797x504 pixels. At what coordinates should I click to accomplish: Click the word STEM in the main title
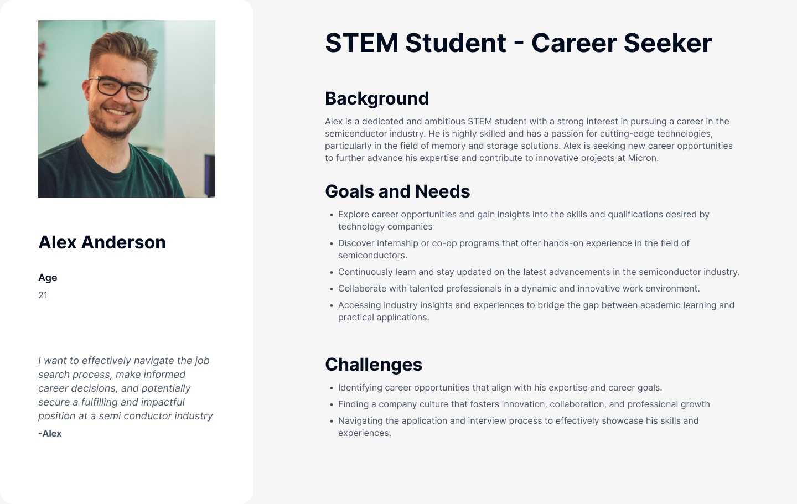coord(361,43)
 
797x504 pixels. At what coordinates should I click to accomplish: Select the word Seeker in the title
coord(667,43)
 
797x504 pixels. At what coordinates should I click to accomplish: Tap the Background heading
coord(377,98)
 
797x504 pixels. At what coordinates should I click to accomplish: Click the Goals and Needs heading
coord(397,191)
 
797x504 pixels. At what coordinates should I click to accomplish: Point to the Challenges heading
coord(374,365)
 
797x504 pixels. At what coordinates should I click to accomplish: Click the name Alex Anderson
coord(102,242)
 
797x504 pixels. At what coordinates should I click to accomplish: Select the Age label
coord(48,278)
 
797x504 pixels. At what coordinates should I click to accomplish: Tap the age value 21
coord(43,295)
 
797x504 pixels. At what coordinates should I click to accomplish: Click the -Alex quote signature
coord(50,434)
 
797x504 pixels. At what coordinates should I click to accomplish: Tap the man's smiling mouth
coord(116,112)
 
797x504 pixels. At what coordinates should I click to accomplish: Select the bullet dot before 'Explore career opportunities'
coord(332,215)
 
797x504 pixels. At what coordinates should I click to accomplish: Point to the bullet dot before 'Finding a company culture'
coord(332,405)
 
